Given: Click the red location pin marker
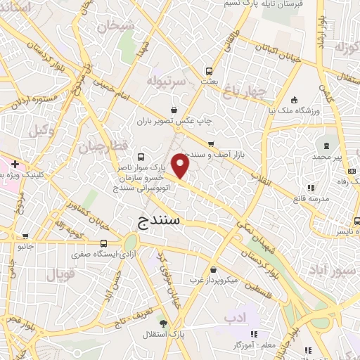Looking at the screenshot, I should point(181,166).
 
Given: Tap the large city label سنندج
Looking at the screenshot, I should point(156,221).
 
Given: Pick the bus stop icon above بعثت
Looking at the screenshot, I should point(209,71).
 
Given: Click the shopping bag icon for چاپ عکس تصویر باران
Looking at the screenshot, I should point(174,109).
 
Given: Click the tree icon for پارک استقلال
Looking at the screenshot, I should point(164,323).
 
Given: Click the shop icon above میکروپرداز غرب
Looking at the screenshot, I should point(213,269).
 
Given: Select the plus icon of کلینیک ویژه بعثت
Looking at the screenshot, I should point(14,164).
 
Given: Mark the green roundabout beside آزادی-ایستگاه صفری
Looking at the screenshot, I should point(129,252).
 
